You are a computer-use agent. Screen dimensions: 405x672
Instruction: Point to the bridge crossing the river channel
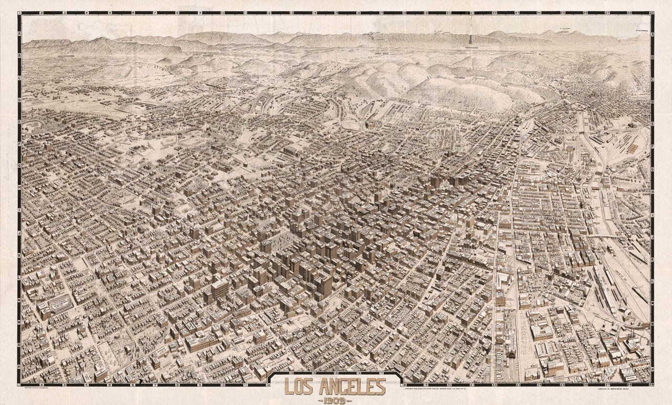pyautogui.click(x=604, y=237)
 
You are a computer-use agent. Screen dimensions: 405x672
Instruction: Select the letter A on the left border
pyautogui.click(x=20, y=33)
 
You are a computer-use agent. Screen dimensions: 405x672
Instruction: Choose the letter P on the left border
pyautogui.click(x=20, y=367)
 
